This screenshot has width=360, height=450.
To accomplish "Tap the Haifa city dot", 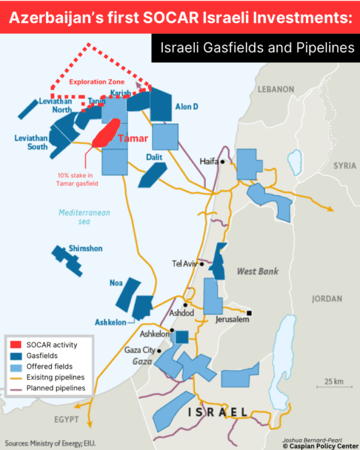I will [x=222, y=162].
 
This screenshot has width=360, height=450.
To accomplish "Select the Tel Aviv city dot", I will [x=202, y=264].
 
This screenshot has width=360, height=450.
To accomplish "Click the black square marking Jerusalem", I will [x=250, y=313].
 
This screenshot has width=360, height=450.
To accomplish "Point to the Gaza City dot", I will [x=159, y=351].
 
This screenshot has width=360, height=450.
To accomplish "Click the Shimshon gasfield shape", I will [x=67, y=260].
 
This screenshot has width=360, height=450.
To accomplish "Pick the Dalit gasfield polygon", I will [x=152, y=175].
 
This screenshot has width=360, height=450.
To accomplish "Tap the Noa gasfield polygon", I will [x=128, y=294].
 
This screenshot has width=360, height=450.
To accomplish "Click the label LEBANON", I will [x=276, y=89].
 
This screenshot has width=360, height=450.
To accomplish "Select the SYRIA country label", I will [x=345, y=166].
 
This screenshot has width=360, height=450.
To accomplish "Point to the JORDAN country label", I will [x=327, y=299].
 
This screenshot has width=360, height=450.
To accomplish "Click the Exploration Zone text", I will [x=97, y=82].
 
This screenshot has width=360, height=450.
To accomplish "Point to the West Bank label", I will [x=258, y=271].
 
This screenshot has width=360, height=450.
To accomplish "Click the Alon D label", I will [x=186, y=107].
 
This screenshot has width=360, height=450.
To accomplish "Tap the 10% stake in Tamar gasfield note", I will [x=77, y=179].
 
